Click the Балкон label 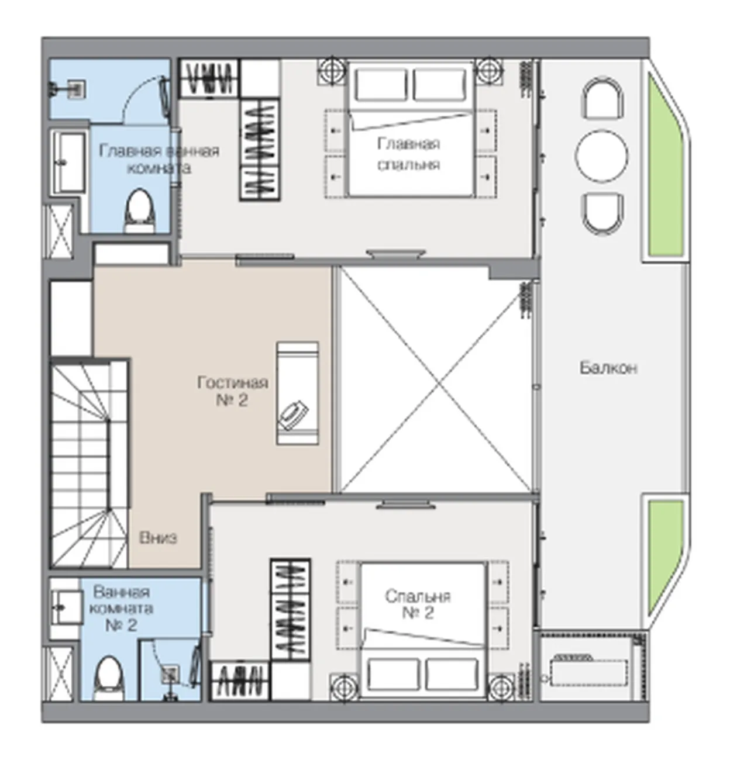click(608, 368)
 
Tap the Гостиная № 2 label click(233, 391)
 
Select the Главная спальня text click(408, 154)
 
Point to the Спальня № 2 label click(418, 604)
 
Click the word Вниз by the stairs click(159, 538)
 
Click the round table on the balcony click(602, 156)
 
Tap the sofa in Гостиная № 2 click(297, 393)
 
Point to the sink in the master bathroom click(70, 163)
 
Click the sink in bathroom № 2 click(67, 607)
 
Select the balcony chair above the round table click(602, 98)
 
